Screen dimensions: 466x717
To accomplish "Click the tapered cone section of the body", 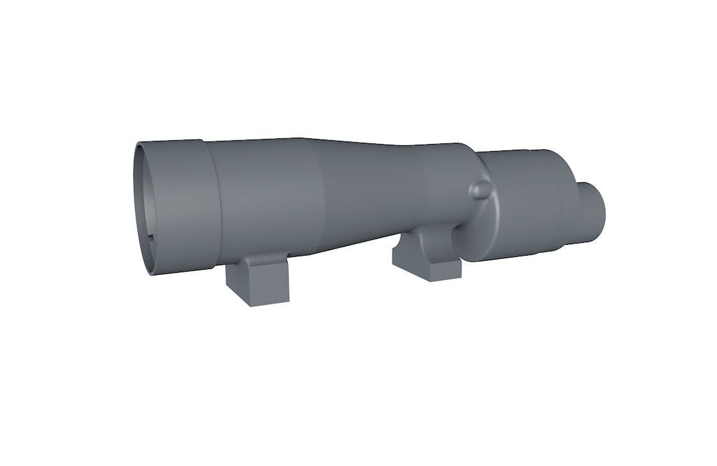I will (363, 185).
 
